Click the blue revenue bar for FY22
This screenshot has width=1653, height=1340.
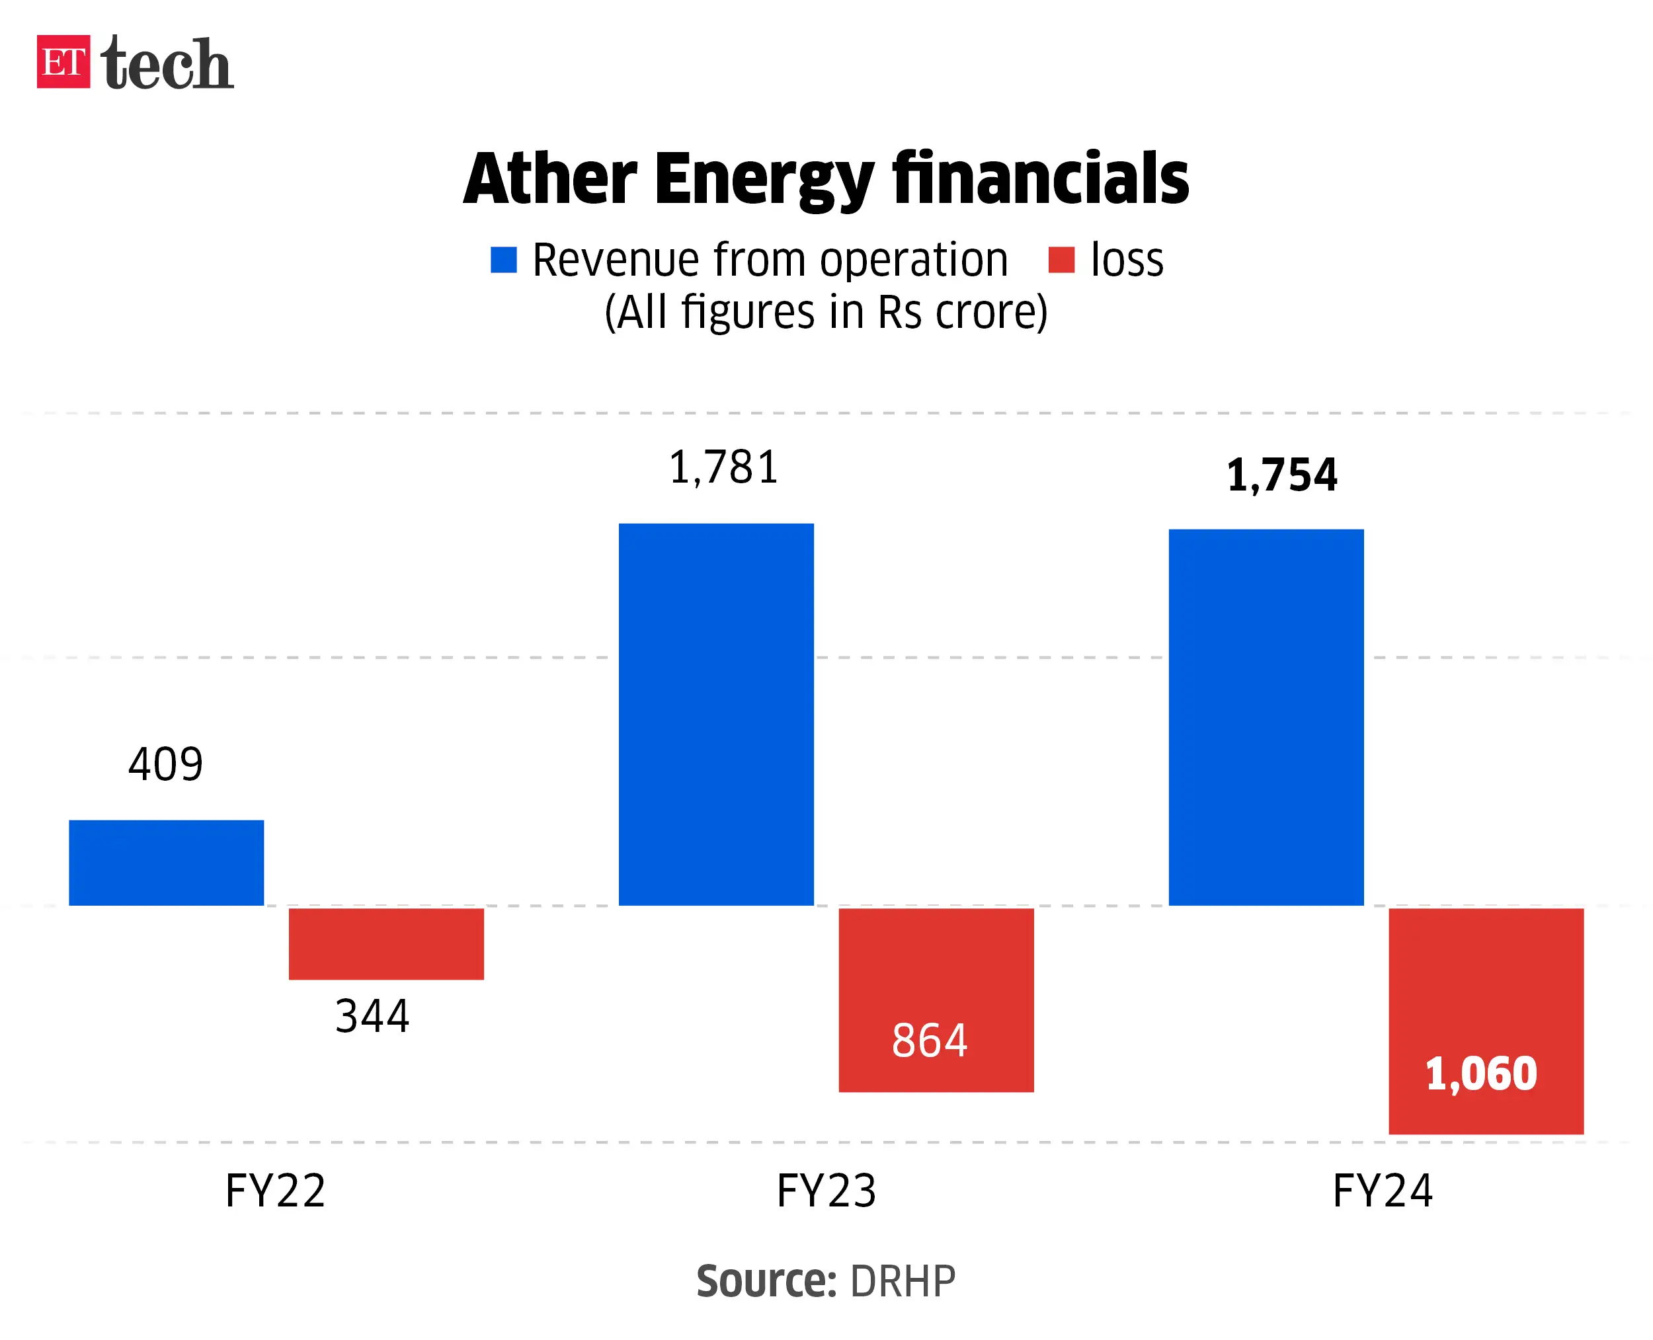pyautogui.click(x=166, y=862)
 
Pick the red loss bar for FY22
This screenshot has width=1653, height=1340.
pyautogui.click(x=386, y=943)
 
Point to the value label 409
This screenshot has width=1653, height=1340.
pyautogui.click(x=165, y=764)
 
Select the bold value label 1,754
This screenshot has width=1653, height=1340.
pyautogui.click(x=1281, y=474)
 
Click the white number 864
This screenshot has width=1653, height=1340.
pyautogui.click(x=929, y=1040)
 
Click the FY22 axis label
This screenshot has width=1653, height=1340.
pyautogui.click(x=275, y=1190)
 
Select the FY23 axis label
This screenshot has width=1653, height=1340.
pyautogui.click(x=825, y=1190)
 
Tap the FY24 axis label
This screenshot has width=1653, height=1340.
pyautogui.click(x=1382, y=1190)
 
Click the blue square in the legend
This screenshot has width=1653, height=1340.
pyautogui.click(x=503, y=259)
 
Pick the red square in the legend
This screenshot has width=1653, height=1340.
pyautogui.click(x=1061, y=259)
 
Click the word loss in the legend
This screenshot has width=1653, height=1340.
pyautogui.click(x=1127, y=259)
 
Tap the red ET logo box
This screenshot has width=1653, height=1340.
pyautogui.click(x=63, y=61)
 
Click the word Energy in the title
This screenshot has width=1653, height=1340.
pyautogui.click(x=764, y=179)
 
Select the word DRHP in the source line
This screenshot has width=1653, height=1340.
pyautogui.click(x=902, y=1281)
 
